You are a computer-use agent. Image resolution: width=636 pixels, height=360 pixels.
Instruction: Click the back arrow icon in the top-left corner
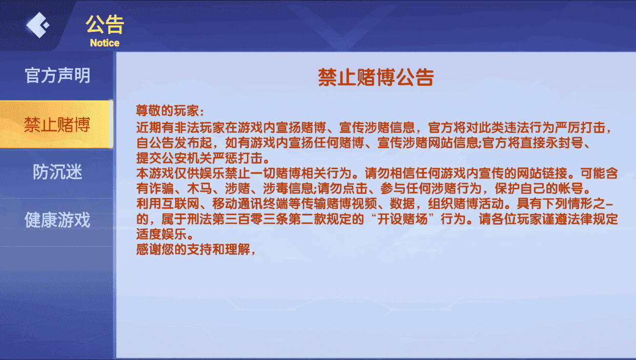coord(37,25)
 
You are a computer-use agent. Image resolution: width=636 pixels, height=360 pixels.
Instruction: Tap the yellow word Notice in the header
coord(105,43)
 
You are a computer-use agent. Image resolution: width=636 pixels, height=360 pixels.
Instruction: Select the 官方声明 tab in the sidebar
coord(57,75)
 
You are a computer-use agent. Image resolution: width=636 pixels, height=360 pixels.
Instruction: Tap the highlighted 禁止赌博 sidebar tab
coord(57,125)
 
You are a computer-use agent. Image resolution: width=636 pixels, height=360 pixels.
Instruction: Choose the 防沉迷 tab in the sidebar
coord(57,172)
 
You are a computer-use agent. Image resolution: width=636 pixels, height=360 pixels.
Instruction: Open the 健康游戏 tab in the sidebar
coord(57,220)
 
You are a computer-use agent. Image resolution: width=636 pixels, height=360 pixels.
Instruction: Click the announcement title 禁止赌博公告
coord(376,77)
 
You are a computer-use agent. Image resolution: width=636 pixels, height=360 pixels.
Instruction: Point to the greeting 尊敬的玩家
coord(169,111)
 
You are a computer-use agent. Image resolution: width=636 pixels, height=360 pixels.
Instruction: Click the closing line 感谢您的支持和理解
coord(193,251)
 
